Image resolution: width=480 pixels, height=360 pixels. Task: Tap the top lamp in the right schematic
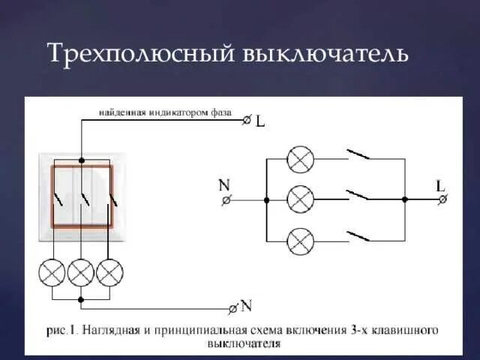pyautogui.click(x=301, y=159)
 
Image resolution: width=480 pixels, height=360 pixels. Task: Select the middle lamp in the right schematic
pyautogui.click(x=301, y=199)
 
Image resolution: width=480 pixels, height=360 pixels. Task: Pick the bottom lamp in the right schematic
pyautogui.click(x=301, y=241)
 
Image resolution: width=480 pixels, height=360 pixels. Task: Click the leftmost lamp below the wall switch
pyautogui.click(x=52, y=272)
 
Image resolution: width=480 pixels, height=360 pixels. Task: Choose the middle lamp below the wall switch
pyautogui.click(x=80, y=272)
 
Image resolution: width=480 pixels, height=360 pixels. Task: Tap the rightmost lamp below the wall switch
pyautogui.click(x=109, y=272)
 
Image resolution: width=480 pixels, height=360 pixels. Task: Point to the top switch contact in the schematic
pyautogui.click(x=358, y=156)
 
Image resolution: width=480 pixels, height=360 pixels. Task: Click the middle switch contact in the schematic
pyautogui.click(x=358, y=196)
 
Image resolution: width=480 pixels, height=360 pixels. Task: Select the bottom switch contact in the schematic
pyautogui.click(x=358, y=237)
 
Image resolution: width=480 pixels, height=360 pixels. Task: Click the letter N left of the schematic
pyautogui.click(x=223, y=184)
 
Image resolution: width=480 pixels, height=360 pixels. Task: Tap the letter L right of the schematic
pyautogui.click(x=440, y=184)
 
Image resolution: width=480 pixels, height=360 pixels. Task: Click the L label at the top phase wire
pyautogui.click(x=260, y=120)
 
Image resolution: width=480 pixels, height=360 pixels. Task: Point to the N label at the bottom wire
pyautogui.click(x=247, y=306)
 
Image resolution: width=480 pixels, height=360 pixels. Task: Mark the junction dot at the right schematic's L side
pyautogui.click(x=405, y=199)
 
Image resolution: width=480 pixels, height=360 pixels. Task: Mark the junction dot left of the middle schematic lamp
pyautogui.click(x=266, y=200)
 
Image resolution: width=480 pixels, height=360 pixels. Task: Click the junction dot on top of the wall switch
pyautogui.click(x=80, y=159)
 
